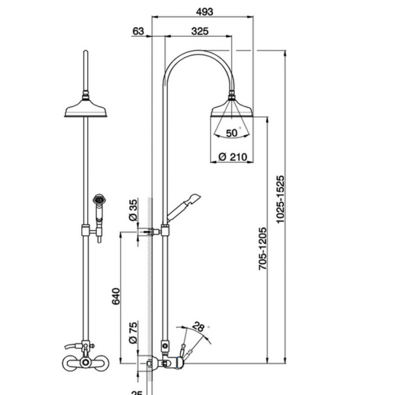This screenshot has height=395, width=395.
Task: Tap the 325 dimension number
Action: tap(200, 31)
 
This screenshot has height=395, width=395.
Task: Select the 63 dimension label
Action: tap(138, 31)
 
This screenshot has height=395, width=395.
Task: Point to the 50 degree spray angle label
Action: tap(232, 133)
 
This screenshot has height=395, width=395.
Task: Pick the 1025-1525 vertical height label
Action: tap(280, 199)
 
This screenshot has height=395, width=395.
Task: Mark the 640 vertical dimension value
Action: tap(116, 296)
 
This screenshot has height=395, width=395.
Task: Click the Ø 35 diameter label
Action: tap(133, 209)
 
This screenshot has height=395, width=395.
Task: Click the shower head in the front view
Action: tap(86, 109)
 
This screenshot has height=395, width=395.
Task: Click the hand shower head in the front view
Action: tap(99, 200)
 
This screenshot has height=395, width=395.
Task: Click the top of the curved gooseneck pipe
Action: tap(197, 51)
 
